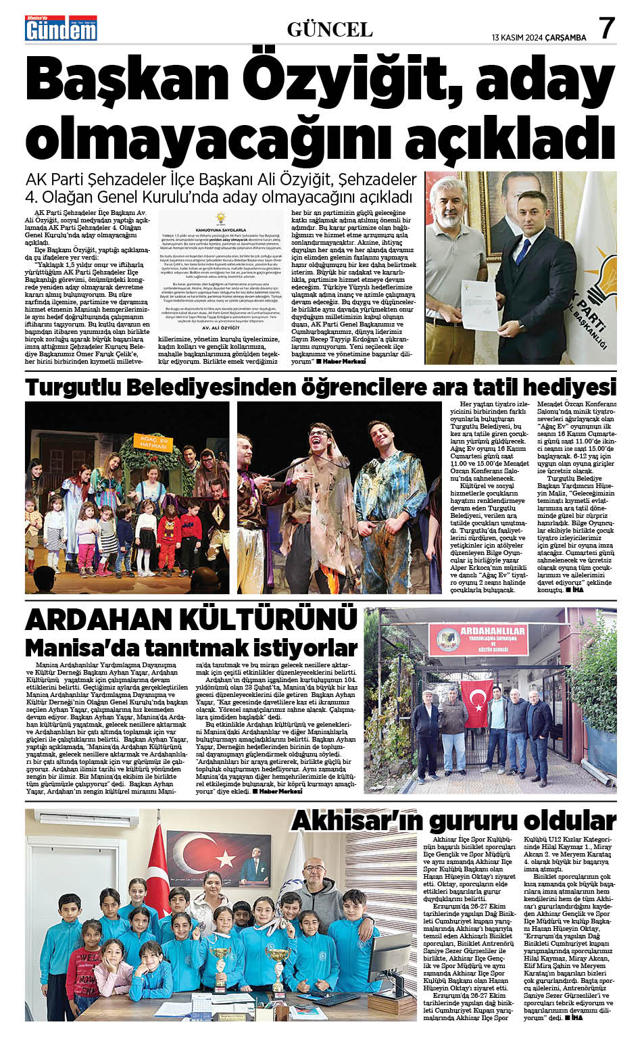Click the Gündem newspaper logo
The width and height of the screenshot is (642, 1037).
click(61, 28)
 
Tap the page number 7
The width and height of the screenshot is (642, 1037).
click(606, 28)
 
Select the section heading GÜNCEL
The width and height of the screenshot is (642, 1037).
click(330, 30)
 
